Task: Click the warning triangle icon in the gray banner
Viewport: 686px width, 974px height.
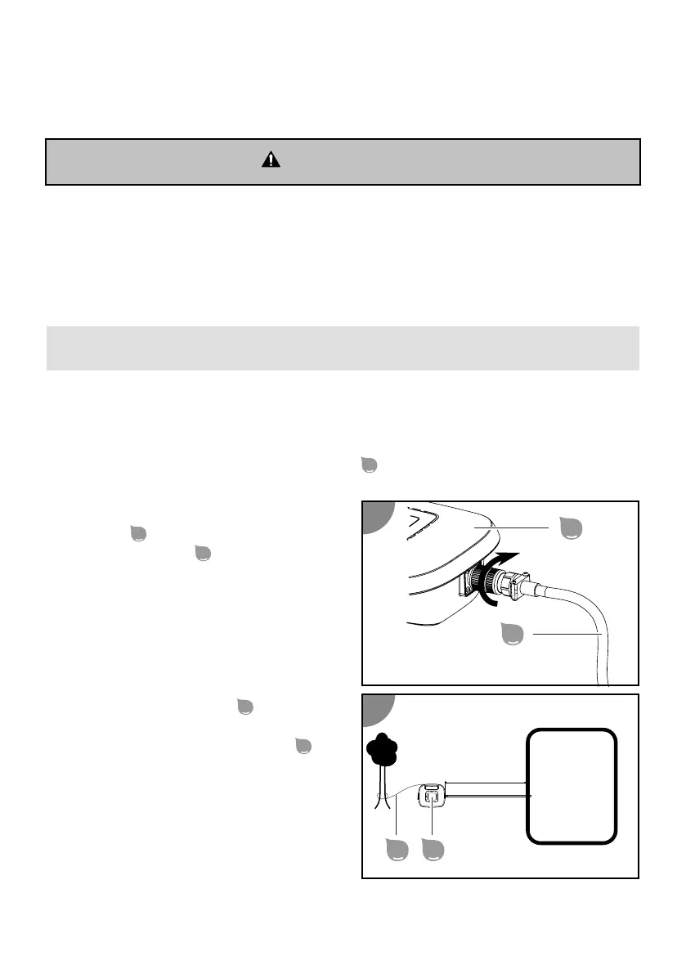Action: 270,160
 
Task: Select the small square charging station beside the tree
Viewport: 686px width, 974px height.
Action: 432,797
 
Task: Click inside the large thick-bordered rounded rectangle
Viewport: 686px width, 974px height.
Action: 571,785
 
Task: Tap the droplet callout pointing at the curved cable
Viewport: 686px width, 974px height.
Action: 513,635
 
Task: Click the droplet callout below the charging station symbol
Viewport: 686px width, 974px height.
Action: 432,851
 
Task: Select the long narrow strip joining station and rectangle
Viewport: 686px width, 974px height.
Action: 487,792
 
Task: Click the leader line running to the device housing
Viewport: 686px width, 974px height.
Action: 523,528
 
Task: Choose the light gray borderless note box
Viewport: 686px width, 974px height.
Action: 343,348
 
